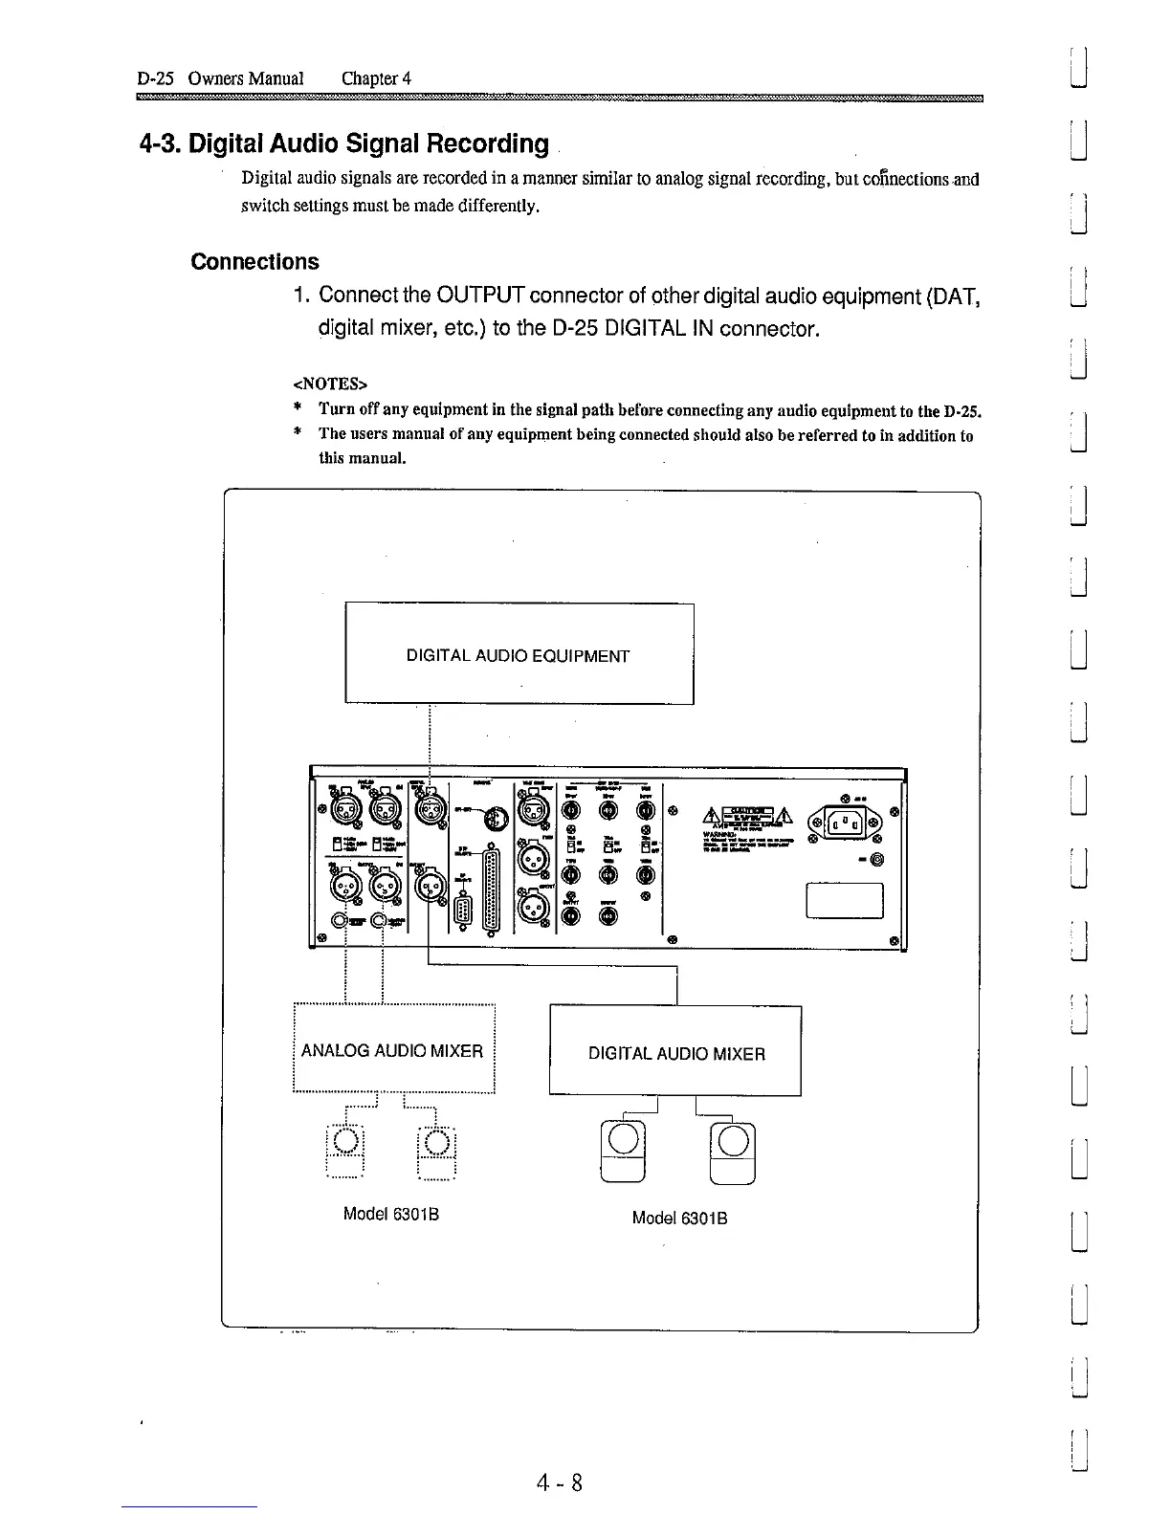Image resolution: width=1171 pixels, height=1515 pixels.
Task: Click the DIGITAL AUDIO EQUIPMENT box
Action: (519, 654)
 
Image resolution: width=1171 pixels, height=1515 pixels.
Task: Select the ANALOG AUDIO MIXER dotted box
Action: (392, 1050)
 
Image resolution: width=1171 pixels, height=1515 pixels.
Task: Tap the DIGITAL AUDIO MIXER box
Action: (675, 1053)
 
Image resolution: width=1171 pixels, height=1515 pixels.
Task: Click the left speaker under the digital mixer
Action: (623, 1151)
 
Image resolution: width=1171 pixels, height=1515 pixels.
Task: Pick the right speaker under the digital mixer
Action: (734, 1151)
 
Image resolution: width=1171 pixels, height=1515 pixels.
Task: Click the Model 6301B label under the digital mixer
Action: (679, 1219)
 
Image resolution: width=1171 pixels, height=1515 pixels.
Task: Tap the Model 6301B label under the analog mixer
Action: (390, 1215)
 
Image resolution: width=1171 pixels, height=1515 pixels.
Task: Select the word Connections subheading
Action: (255, 262)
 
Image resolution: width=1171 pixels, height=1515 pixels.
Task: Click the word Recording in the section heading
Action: (488, 144)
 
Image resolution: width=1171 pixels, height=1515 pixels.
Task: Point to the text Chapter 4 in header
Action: (376, 78)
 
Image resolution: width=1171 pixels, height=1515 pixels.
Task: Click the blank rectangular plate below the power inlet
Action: (845, 900)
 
